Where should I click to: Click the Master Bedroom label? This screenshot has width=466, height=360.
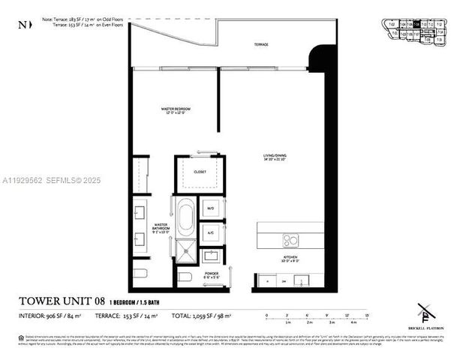174,111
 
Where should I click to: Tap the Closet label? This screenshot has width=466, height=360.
199,172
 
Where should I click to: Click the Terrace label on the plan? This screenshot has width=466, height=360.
260,45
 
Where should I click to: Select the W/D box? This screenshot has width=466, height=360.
210,208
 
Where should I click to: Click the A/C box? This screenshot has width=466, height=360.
210,232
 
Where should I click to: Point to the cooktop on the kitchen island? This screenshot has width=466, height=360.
290,240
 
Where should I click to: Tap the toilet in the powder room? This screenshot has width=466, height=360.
185,278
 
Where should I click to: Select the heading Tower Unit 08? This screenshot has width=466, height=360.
61,301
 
